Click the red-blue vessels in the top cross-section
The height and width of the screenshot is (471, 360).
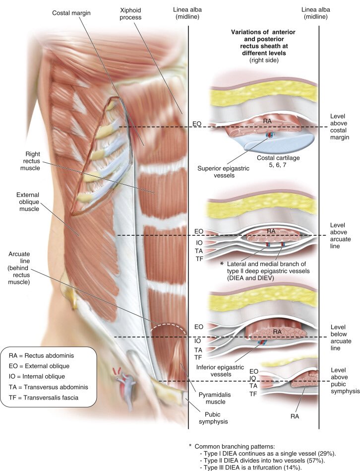coord(270,135)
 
